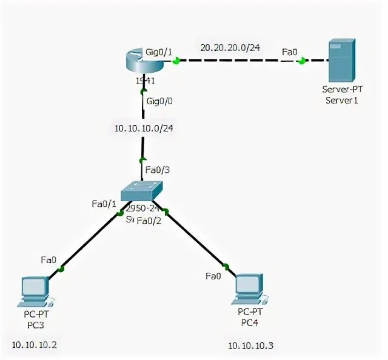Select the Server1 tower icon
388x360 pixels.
(x=341, y=61)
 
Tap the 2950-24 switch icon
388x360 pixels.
(x=142, y=192)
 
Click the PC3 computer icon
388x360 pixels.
(x=35, y=290)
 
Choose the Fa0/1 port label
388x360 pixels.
(x=104, y=204)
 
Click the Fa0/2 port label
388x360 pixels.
(x=149, y=221)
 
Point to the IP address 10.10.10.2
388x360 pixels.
(x=35, y=345)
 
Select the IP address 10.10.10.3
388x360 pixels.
(x=251, y=345)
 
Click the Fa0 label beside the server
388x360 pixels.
(x=290, y=52)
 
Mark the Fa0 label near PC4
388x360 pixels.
(x=213, y=276)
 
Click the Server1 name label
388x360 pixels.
(x=341, y=100)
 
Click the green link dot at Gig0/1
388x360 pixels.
(x=176, y=61)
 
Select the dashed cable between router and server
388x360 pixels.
(x=242, y=61)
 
